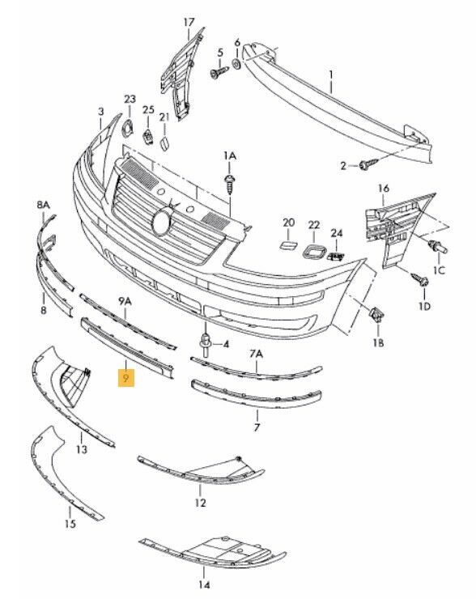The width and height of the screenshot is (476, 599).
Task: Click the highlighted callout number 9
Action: pos(126,378)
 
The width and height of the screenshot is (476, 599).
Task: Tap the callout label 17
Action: pos(189,23)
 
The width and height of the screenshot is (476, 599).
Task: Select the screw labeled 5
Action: pos(219,72)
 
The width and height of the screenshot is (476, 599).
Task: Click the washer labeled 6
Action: pos(236,64)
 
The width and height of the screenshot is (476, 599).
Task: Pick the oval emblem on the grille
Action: pos(163,223)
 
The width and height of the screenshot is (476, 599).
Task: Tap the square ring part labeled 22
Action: pos(313,252)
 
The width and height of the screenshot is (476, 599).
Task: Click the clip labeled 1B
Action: pos(376,315)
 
